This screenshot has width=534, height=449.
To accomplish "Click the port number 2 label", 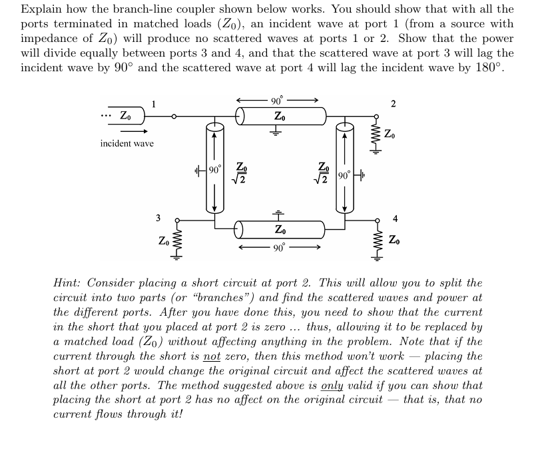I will point(393,103).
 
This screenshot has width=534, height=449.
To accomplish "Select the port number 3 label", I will point(158,217).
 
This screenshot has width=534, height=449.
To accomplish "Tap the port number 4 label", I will point(395,217).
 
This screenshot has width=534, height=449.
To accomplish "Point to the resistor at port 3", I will point(176,244).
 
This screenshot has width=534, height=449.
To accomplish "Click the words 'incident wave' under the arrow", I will point(127,144).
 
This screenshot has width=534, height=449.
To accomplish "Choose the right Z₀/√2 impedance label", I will point(324,173).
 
